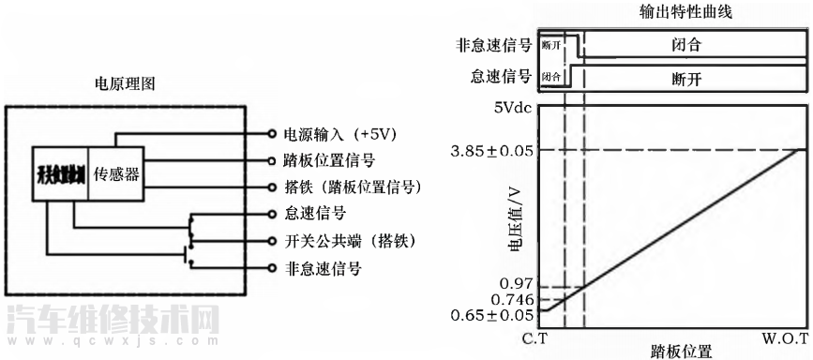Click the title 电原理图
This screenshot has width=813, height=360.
[126, 83]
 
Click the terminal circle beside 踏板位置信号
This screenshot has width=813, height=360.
[272, 160]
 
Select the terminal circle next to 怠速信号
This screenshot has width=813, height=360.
[272, 214]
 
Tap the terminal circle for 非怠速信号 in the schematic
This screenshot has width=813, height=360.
[272, 268]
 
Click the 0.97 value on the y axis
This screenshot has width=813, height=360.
[519, 283]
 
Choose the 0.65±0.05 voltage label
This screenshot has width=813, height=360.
[494, 315]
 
